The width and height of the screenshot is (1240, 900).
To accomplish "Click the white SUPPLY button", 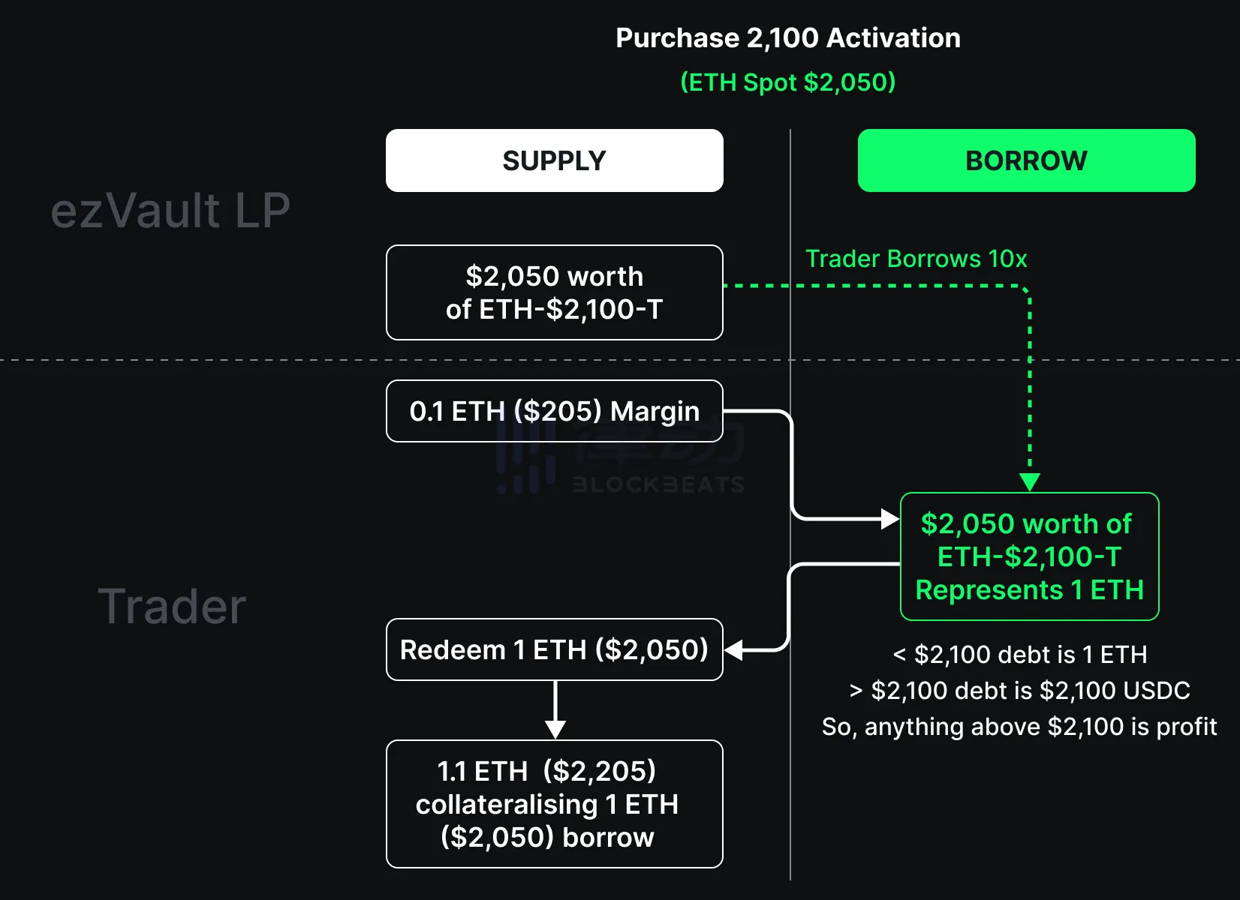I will tap(554, 160).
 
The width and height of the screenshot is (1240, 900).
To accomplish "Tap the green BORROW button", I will tap(1026, 160).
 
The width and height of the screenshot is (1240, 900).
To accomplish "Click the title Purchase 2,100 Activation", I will tap(787, 38).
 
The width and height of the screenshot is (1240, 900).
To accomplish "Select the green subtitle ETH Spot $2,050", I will tap(787, 82).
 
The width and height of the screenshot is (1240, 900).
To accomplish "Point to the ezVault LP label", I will tap(170, 210).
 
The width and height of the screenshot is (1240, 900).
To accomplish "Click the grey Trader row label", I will tap(172, 606).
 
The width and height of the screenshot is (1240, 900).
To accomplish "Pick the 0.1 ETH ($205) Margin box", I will tap(554, 411).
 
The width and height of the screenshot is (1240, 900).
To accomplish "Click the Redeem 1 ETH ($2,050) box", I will tap(554, 649).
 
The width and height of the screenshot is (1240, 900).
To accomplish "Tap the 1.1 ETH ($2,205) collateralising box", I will tap(554, 804).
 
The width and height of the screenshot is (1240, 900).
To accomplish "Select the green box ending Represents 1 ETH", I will tap(1029, 556).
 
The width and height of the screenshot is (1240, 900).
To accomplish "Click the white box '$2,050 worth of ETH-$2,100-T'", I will tap(554, 292).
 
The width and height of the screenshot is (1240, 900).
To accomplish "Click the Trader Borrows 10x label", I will tap(916, 259).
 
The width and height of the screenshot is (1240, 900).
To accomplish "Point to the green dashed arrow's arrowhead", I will tap(1029, 481).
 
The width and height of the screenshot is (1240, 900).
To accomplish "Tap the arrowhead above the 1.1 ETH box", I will tap(555, 729).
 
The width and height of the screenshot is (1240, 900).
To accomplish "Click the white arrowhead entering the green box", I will tap(890, 518).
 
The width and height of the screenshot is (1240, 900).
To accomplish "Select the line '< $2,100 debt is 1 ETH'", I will tap(1019, 655).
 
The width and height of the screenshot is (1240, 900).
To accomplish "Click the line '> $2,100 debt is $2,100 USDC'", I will tap(1019, 691).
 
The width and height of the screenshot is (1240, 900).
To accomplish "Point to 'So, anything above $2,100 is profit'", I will tap(1019, 727).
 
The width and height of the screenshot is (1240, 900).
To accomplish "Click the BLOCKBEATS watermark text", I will tap(658, 484).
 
